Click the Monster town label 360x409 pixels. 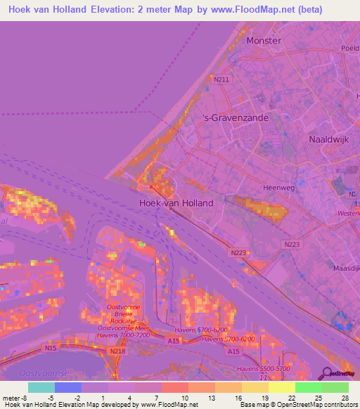coord(264,41)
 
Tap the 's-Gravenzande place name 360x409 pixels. coord(235,119)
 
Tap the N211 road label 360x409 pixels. coord(222,79)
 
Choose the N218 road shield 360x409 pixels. coord(118,351)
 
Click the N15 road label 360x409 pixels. coord(49,346)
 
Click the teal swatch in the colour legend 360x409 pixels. coord(41,387)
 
